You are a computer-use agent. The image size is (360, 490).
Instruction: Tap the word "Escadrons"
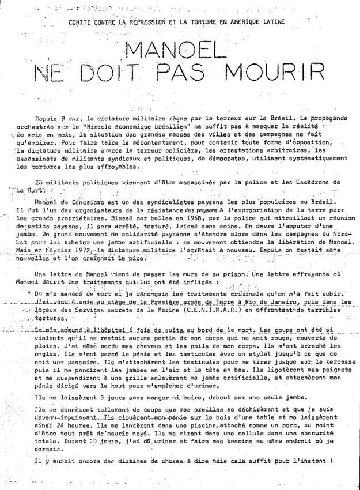pos(293,181)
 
